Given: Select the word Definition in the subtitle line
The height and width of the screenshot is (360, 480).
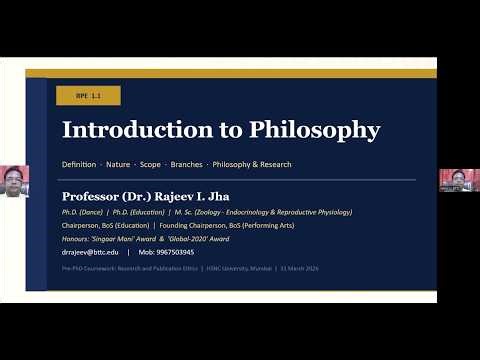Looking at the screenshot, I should [x=79, y=163].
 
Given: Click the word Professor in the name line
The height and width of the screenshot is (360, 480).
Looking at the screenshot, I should [x=91, y=196].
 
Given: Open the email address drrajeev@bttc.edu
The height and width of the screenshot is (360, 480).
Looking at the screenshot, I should [x=90, y=253].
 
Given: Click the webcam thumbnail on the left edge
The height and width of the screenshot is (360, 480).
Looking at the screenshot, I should [x=14, y=181].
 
